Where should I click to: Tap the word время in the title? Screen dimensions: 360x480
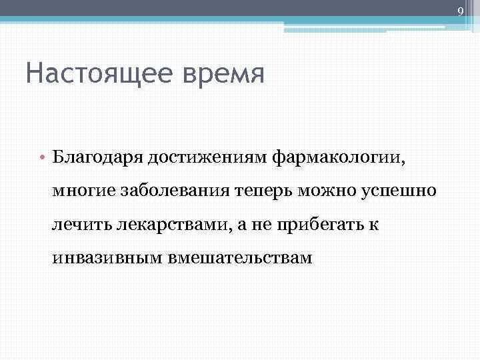click(219, 73)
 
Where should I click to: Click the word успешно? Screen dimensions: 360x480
click(399, 192)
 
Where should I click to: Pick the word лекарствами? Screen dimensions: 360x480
click(171, 225)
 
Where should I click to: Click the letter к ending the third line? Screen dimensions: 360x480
click(375, 225)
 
